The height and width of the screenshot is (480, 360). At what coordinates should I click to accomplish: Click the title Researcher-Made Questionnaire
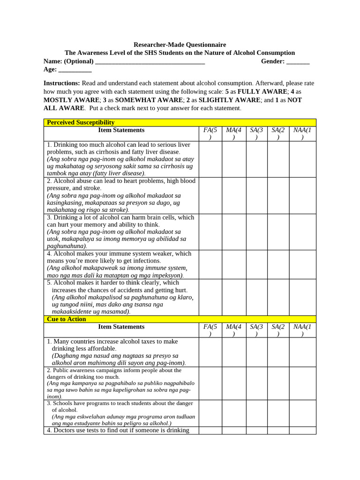(180, 45)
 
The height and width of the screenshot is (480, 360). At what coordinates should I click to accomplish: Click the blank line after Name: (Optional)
(150, 61)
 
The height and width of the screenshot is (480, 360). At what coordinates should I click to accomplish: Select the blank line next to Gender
(298, 61)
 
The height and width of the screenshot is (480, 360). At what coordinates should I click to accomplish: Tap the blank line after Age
(75, 70)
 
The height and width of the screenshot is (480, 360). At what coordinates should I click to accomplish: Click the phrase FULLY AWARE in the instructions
(262, 91)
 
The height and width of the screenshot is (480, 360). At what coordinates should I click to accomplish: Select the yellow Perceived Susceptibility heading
(81, 122)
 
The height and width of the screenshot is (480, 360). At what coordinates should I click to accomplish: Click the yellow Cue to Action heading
(66, 319)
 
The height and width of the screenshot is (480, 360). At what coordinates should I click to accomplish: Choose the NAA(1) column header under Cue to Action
(302, 330)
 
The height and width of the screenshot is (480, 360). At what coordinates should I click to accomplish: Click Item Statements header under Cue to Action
(121, 327)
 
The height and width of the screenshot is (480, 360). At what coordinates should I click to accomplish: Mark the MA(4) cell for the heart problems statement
(234, 195)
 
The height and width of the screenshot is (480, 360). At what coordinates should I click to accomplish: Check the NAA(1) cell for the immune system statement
(302, 264)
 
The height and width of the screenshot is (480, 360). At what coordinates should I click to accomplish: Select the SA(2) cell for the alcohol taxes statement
(278, 352)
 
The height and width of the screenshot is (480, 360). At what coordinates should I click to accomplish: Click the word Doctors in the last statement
(65, 430)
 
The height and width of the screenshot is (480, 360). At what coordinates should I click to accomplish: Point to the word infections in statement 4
(144, 261)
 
